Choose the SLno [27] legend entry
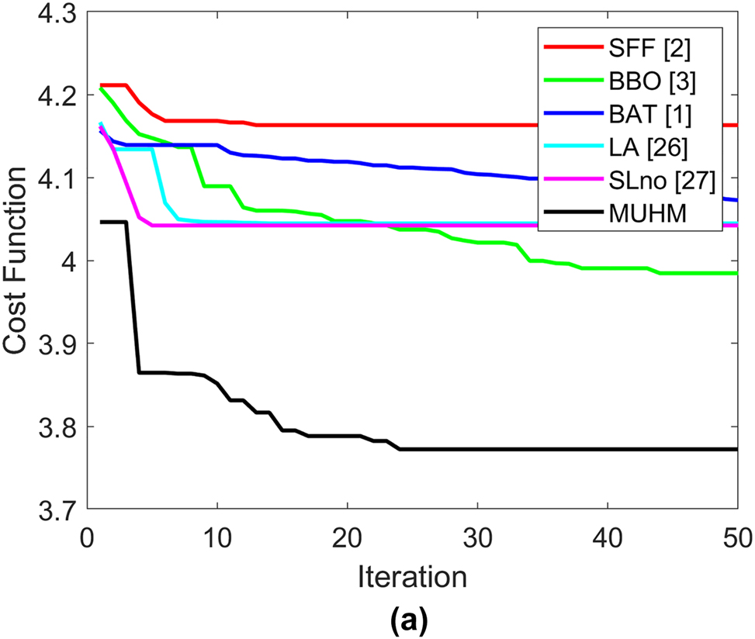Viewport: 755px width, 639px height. (659, 179)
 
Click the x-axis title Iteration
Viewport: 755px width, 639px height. (412, 576)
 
